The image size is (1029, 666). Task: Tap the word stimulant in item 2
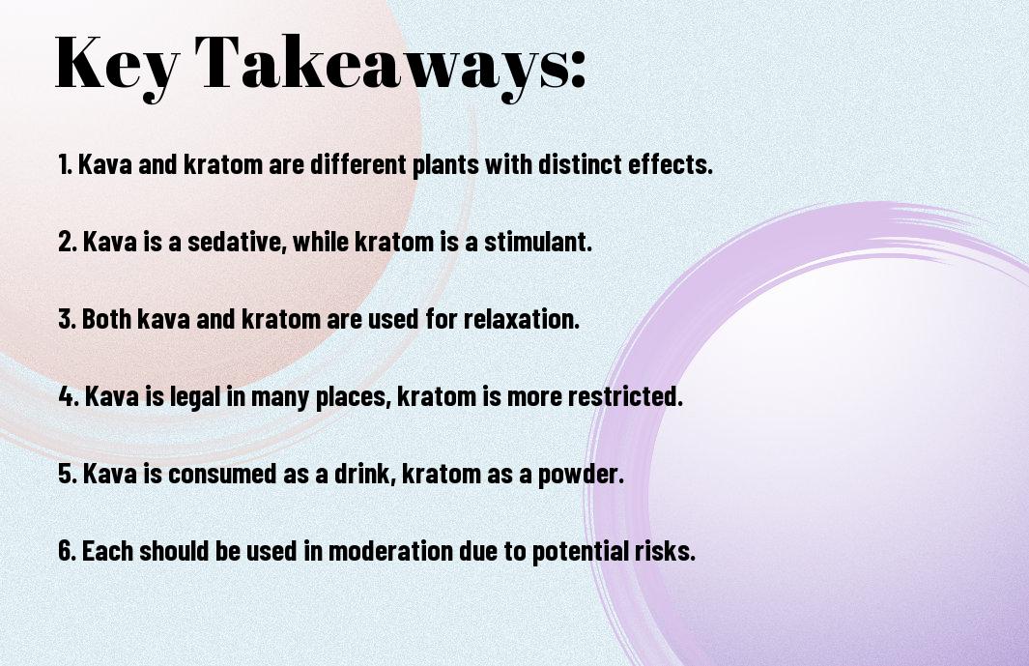point(537,242)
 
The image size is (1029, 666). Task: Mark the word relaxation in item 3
point(521,319)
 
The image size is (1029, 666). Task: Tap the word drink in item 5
point(365,474)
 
